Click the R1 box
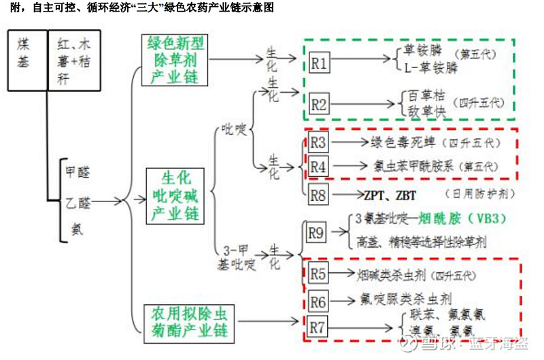click(x=320, y=64)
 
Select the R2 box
click(x=320, y=105)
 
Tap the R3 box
click(x=319, y=143)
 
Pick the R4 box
click(x=319, y=165)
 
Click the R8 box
click(x=319, y=195)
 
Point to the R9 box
click(x=316, y=233)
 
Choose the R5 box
click(x=318, y=274)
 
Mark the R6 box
click(x=318, y=300)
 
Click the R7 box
click(x=318, y=326)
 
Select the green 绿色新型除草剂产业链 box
click(x=176, y=61)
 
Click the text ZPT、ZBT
click(x=390, y=195)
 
